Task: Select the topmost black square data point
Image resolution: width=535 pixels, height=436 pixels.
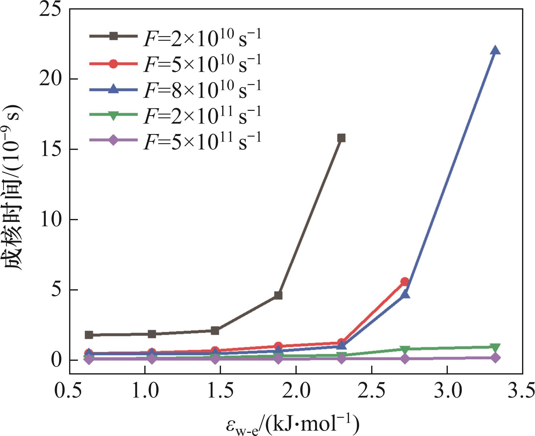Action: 341,138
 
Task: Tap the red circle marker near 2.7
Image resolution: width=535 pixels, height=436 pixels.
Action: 405,281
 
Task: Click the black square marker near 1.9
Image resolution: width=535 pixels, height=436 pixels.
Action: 278,295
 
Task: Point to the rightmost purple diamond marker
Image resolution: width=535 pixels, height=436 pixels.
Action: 495,358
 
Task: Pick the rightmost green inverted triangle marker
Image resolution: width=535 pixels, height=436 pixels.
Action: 495,348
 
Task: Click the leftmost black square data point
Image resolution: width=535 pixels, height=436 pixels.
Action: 89,335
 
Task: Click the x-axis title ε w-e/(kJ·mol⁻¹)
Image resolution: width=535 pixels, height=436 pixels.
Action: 293,425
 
